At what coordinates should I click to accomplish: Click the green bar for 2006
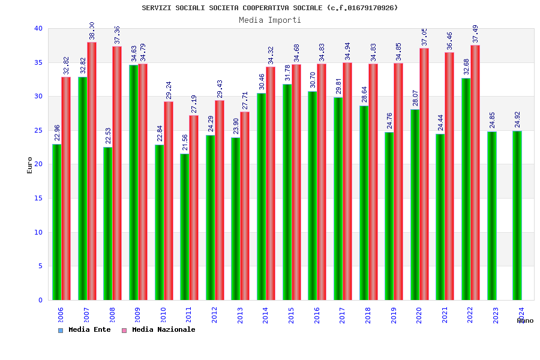[x=56, y=222]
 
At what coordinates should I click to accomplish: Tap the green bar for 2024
[x=517, y=215]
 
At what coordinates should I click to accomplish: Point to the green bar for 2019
[x=389, y=216]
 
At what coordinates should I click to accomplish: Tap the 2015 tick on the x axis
[x=291, y=315]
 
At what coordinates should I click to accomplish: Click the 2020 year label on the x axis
[x=419, y=315]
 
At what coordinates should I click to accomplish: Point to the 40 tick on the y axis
[x=38, y=28]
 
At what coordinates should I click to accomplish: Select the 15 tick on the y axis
[x=38, y=198]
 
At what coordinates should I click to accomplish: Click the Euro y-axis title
[x=30, y=165]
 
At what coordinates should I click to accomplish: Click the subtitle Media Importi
[x=270, y=20]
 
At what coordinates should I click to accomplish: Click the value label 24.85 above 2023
[x=492, y=120]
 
